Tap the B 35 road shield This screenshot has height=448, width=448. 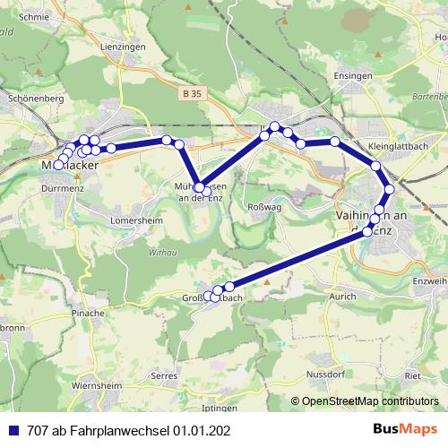[189, 93]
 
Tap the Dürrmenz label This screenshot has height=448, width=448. [63, 189]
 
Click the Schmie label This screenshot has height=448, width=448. [34, 16]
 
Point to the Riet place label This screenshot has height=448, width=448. [413, 377]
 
